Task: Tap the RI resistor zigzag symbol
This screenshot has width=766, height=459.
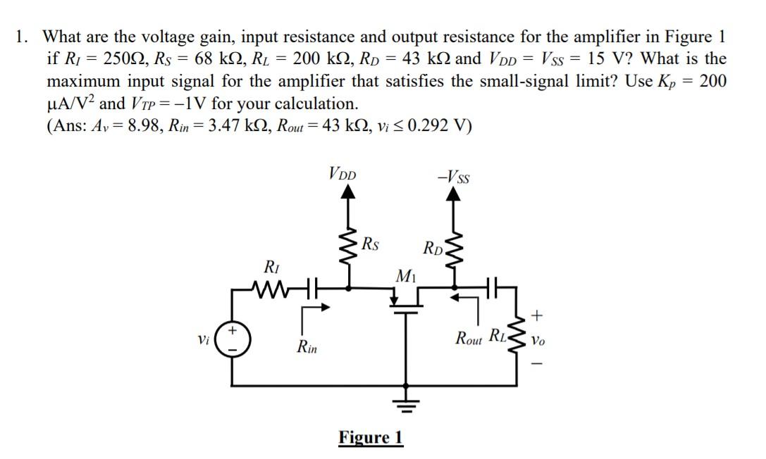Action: click(271, 287)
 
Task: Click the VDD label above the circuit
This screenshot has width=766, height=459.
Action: click(342, 172)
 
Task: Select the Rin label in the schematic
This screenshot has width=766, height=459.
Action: click(307, 347)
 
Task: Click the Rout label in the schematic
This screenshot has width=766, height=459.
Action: click(468, 336)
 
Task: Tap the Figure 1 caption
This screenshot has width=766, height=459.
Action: click(371, 437)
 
